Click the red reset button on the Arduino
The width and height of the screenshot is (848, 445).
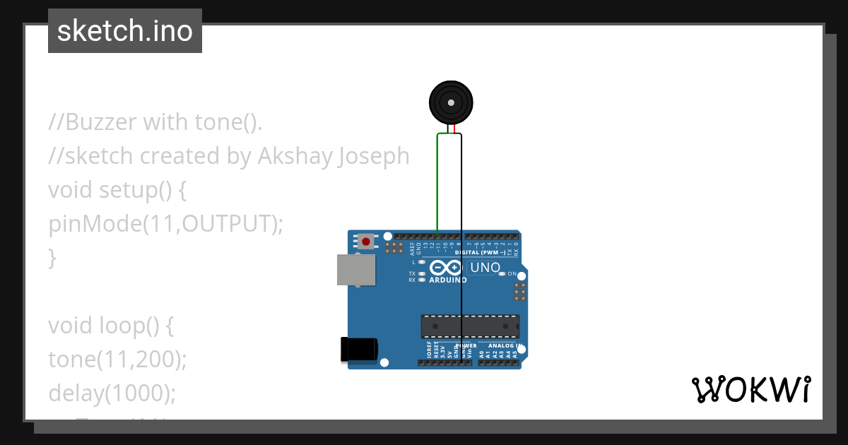(365, 242)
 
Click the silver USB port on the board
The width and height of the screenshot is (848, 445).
(355, 270)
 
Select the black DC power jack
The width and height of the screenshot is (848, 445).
(359, 350)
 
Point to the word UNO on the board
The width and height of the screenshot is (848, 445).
(485, 268)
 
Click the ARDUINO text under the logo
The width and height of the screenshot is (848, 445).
(448, 280)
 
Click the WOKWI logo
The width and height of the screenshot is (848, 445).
(750, 389)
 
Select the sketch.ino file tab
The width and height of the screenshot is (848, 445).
(125, 31)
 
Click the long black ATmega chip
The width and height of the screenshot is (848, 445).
(470, 326)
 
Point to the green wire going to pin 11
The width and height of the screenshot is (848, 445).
(437, 184)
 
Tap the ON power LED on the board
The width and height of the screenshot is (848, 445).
(502, 273)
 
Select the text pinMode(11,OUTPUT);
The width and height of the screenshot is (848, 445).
(165, 224)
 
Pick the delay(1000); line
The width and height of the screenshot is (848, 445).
(112, 393)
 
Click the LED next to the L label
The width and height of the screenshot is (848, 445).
(422, 262)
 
